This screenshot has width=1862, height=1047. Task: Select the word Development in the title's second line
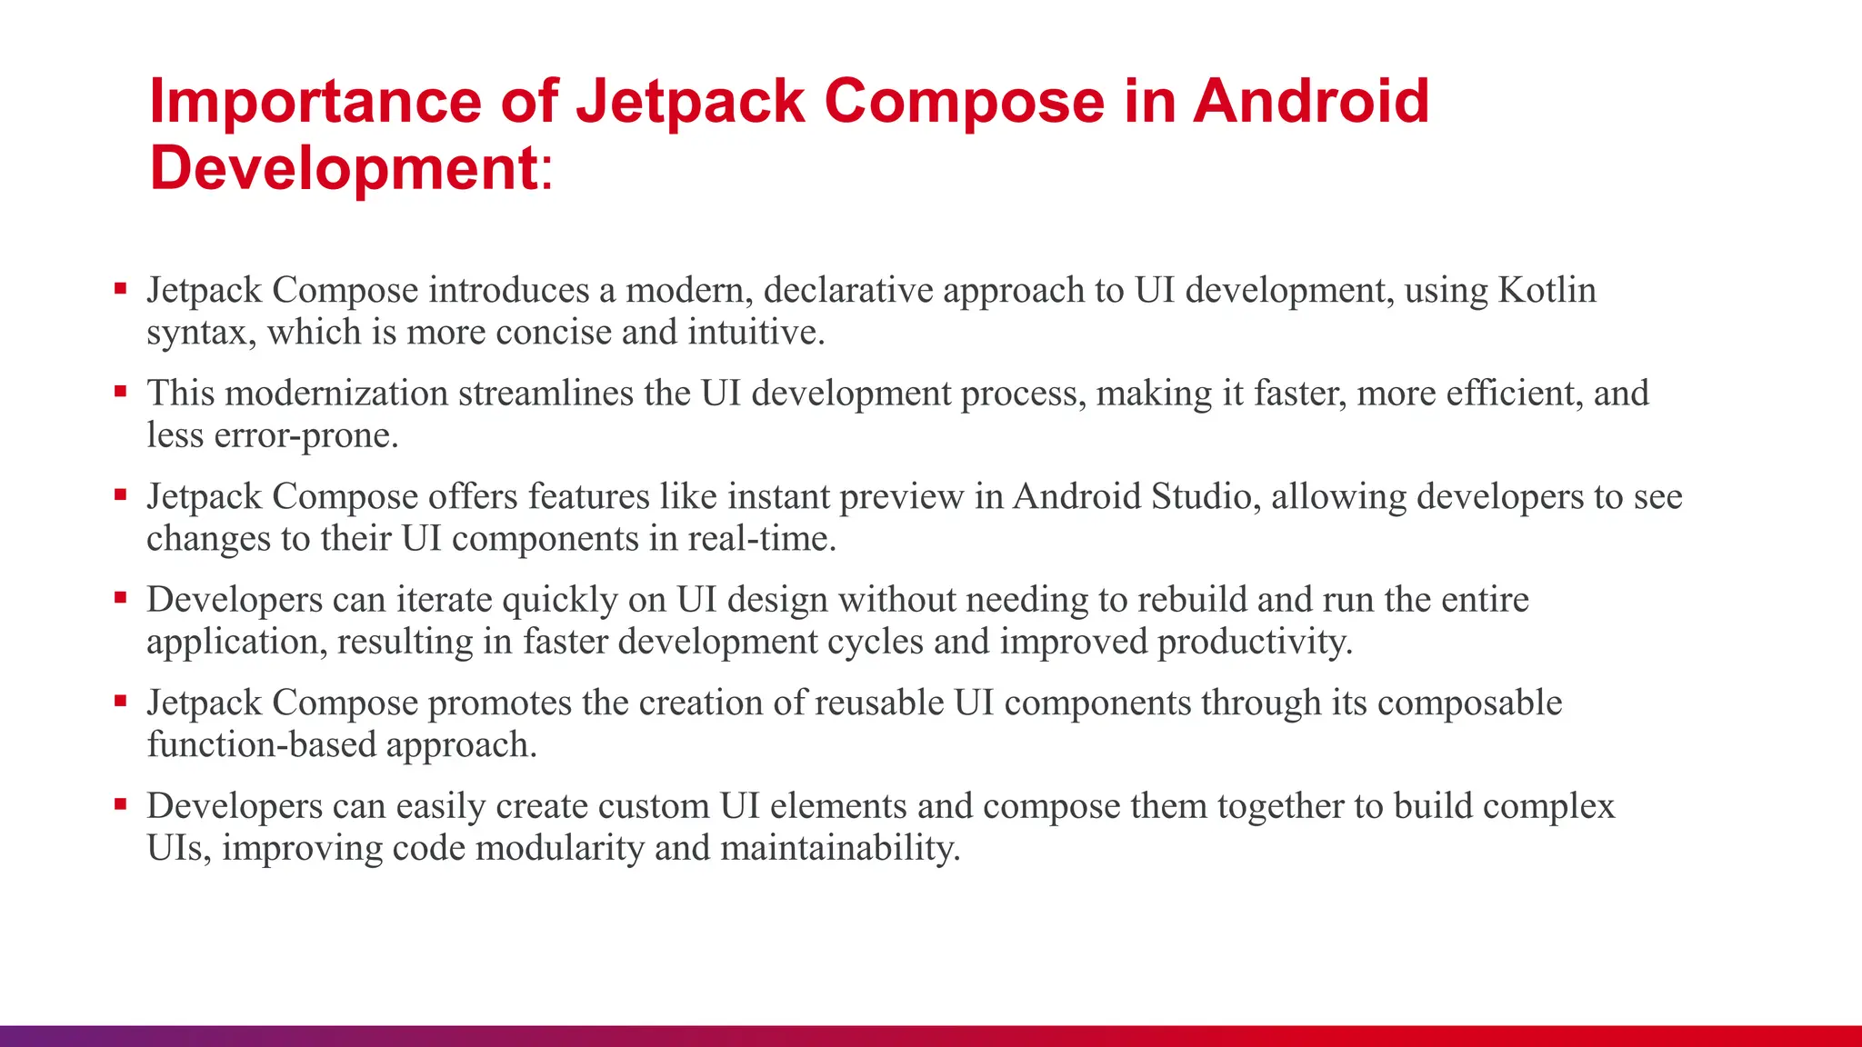click(x=344, y=168)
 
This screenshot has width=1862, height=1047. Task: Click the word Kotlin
click(x=1547, y=290)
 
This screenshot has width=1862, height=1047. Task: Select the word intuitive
click(x=756, y=332)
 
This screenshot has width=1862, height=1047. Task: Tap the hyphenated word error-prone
click(x=305, y=435)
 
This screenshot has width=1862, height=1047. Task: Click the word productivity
click(x=1255, y=642)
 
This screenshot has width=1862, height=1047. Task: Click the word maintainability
click(x=840, y=848)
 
